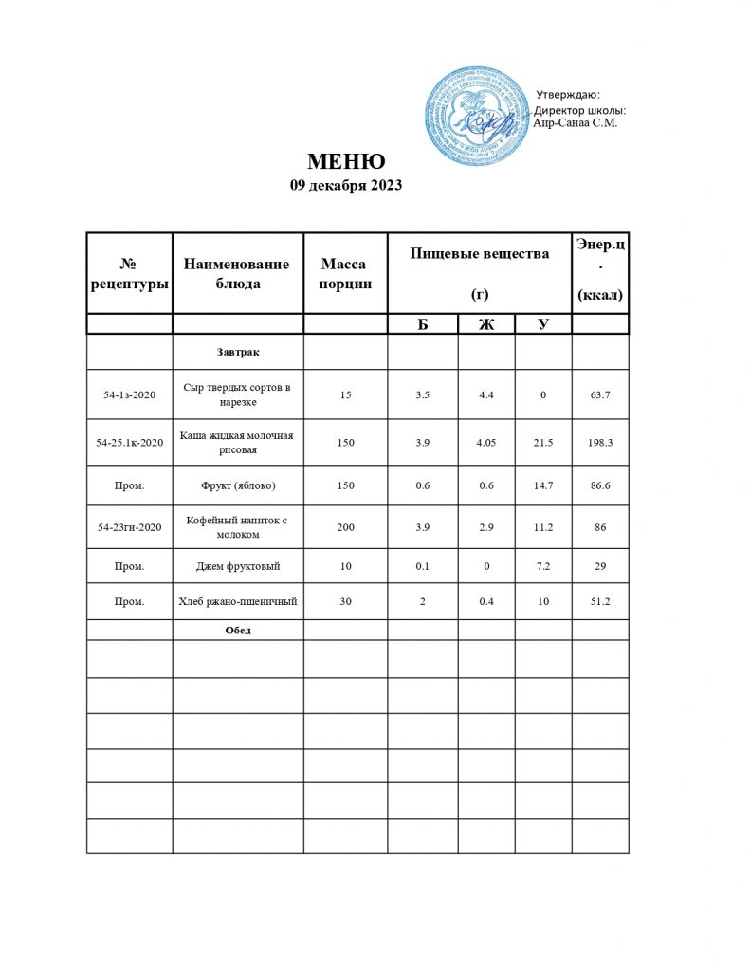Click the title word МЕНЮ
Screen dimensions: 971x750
point(345,161)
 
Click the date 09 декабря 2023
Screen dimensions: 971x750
point(345,186)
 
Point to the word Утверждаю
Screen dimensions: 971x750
point(568,94)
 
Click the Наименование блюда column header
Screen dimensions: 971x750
point(236,273)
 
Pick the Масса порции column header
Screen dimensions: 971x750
point(344,273)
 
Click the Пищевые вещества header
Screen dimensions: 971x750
point(479,254)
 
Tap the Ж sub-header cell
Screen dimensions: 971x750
point(486,324)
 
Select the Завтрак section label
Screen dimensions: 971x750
point(238,352)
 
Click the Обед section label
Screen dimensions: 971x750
point(237,630)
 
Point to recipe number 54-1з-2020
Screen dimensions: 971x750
point(129,394)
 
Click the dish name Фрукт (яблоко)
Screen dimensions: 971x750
point(237,485)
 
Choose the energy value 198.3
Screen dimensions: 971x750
point(599,442)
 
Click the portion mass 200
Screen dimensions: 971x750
point(345,527)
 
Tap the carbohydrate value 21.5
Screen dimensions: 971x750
point(543,442)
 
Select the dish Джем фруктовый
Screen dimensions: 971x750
point(237,566)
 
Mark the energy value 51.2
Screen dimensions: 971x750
point(599,601)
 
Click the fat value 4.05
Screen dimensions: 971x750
point(486,442)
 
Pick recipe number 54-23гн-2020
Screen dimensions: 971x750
point(129,527)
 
